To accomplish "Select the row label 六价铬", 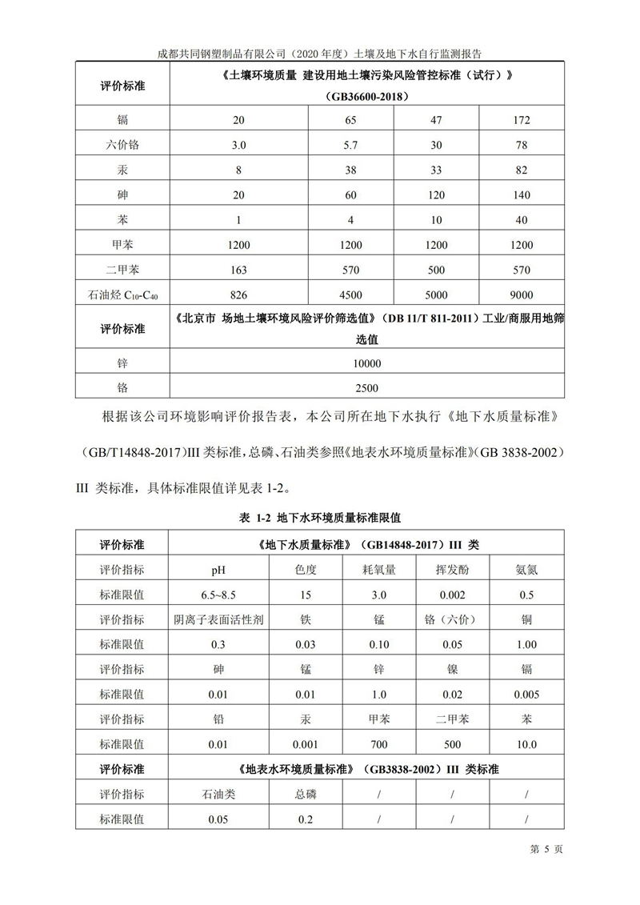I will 122,145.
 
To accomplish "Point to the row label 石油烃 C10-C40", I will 122,294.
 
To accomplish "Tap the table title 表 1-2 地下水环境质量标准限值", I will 319,518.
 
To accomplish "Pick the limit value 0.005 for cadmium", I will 526,694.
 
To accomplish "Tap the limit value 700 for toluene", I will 378,744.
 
